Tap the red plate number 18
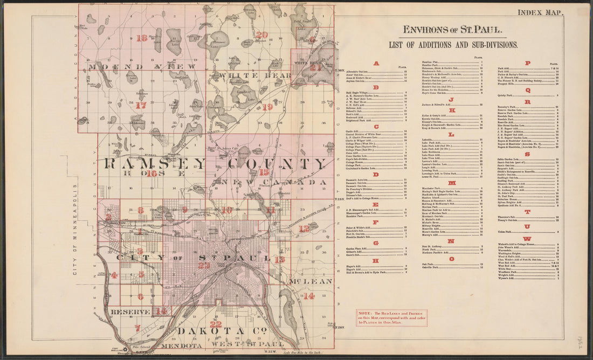(142, 38)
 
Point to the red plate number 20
(262, 36)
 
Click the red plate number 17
(141, 106)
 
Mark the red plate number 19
(268, 107)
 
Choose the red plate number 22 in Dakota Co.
(216, 324)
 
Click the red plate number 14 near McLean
(309, 296)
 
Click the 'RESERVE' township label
(130, 312)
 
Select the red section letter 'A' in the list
(376, 64)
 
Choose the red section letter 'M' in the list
(451, 183)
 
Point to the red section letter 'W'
(527, 239)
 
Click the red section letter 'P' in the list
(527, 63)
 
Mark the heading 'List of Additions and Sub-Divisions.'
(453, 45)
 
